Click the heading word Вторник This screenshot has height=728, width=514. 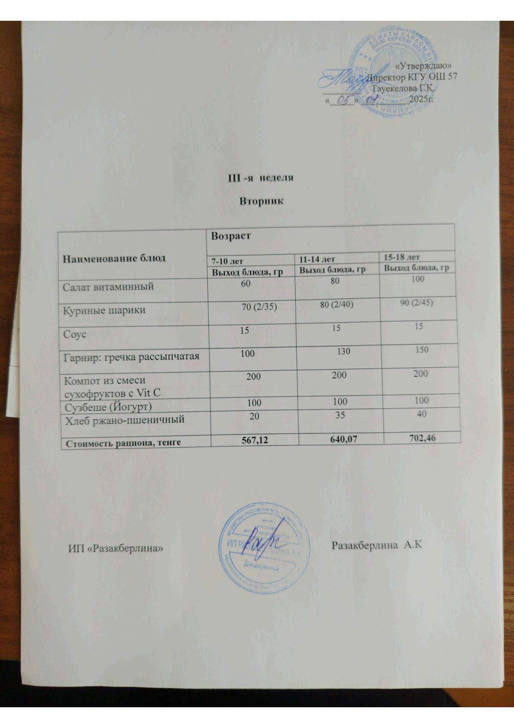261,201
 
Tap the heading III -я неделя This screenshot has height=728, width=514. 261,178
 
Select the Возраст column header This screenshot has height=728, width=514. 231,236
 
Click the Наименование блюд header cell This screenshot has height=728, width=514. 114,259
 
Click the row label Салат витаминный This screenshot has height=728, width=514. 108,286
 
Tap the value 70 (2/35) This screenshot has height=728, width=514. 259,307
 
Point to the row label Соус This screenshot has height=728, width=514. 75,335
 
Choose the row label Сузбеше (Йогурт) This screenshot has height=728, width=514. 108,407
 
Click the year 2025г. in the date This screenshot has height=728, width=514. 421,99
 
